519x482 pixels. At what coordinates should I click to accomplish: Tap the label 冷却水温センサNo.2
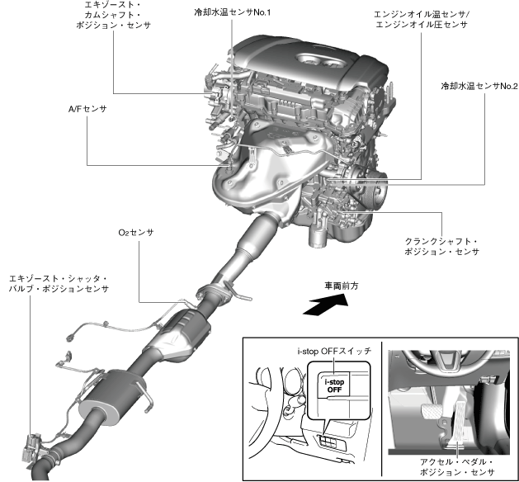pyautogui.click(x=479, y=85)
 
